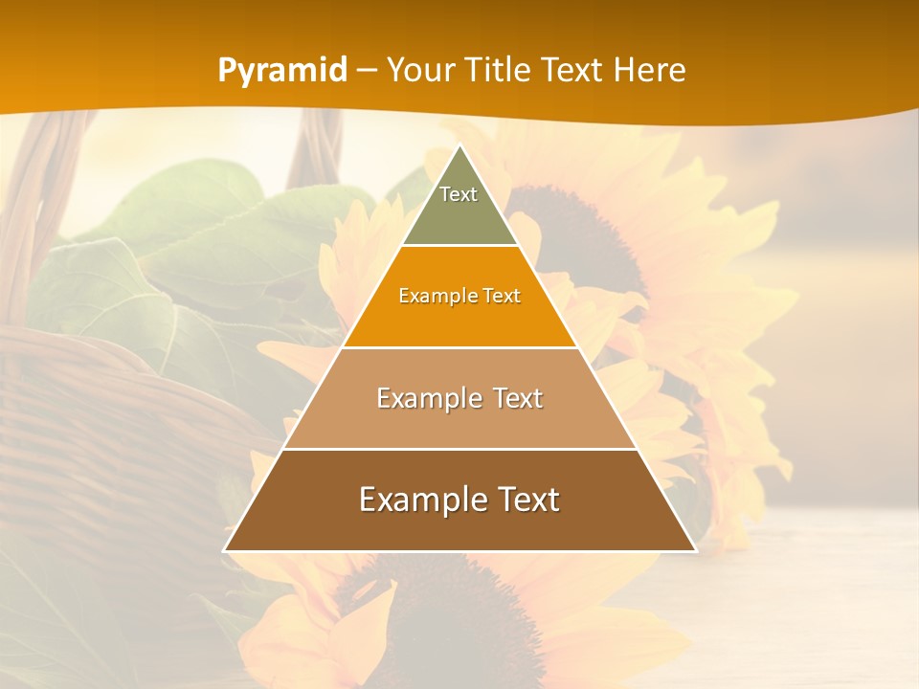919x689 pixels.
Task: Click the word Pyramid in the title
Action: pyautogui.click(x=281, y=71)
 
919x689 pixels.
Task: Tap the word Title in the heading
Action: pyautogui.click(x=504, y=70)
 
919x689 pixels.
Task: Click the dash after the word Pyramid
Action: pyautogui.click(x=366, y=71)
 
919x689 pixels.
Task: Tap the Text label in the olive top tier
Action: pyautogui.click(x=459, y=194)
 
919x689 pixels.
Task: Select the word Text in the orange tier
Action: pyautogui.click(x=503, y=296)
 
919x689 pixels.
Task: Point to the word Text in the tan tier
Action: pyautogui.click(x=519, y=398)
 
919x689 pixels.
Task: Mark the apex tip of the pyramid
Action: pyautogui.click(x=459, y=146)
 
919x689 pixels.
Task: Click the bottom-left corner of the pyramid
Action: pyautogui.click(x=225, y=550)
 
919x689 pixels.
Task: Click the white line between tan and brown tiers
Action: pyautogui.click(x=459, y=449)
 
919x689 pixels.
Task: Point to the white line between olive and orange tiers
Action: pyautogui.click(x=459, y=245)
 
